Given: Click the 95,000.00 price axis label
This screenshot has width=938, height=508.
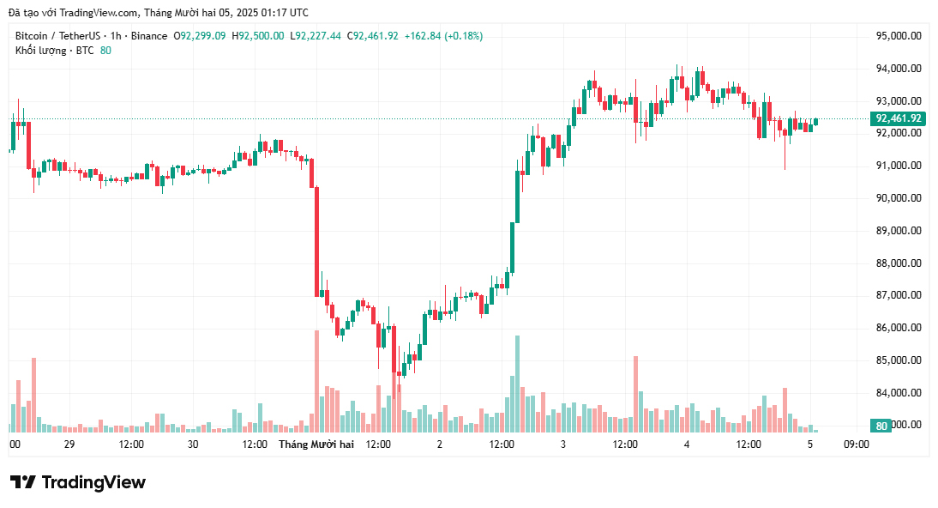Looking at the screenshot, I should (x=898, y=36).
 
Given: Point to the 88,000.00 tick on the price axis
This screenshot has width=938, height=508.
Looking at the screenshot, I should (x=898, y=263).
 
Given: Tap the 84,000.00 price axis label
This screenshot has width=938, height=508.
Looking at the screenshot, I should (x=898, y=393).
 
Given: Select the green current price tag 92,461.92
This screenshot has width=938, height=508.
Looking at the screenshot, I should (x=898, y=118).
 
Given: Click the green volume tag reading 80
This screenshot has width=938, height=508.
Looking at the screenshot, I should (x=881, y=426).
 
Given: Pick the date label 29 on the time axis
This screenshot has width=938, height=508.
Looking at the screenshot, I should (x=69, y=444).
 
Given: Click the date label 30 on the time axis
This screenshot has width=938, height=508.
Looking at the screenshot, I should (x=193, y=444).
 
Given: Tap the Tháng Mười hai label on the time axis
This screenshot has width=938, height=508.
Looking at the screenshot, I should (x=316, y=444).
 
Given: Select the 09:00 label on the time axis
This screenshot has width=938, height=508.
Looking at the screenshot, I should (x=857, y=444).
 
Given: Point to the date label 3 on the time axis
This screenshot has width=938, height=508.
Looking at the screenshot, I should (x=563, y=444).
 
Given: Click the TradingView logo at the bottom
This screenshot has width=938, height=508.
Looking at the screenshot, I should (x=78, y=482).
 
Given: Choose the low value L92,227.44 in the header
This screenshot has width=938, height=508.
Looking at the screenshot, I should (x=316, y=36).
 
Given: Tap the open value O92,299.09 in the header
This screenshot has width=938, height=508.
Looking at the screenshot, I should (x=200, y=36).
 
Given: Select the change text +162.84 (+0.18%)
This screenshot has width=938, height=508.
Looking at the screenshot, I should (x=443, y=36).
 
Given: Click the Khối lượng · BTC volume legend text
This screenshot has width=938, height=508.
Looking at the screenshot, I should (x=54, y=51).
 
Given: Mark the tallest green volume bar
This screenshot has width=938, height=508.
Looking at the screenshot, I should (x=517, y=384).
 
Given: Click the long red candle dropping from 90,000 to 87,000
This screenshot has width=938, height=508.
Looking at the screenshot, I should (x=316, y=241).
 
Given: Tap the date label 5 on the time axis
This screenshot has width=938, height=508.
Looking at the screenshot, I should (x=810, y=444).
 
